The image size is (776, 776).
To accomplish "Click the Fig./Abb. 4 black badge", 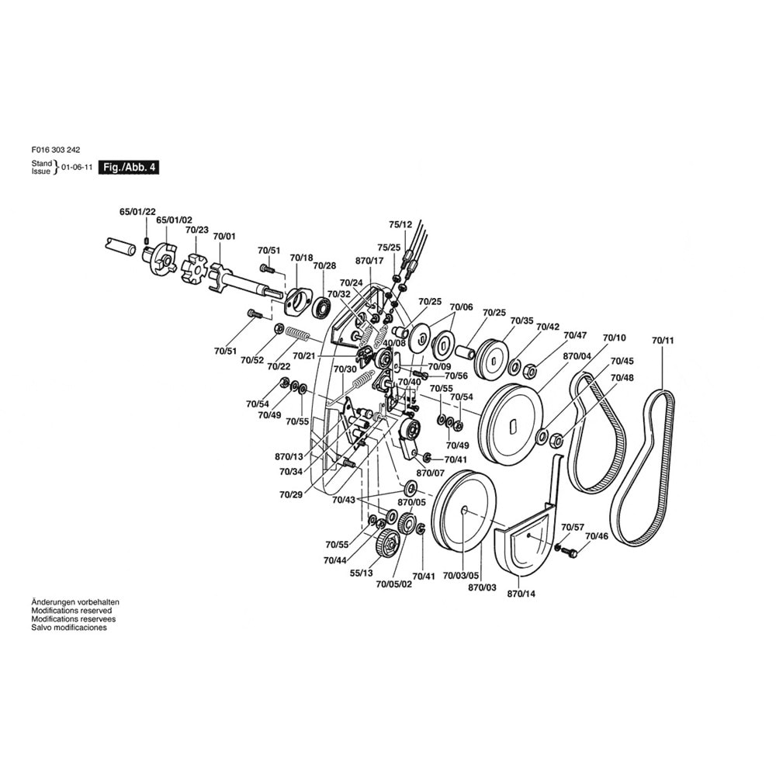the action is pos(129,168).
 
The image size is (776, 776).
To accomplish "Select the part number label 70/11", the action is pos(663,341).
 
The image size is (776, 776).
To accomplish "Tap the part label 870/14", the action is pos(521,594).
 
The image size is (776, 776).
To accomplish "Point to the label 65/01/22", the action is pos(137,212).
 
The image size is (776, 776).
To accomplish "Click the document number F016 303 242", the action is pos(55,150).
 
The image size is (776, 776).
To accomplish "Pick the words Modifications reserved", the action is pos(71,611).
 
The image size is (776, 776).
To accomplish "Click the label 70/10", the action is pos(614,338).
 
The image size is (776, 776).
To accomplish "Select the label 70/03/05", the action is pos(461,576).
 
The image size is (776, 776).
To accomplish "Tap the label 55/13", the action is pos(362,573).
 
